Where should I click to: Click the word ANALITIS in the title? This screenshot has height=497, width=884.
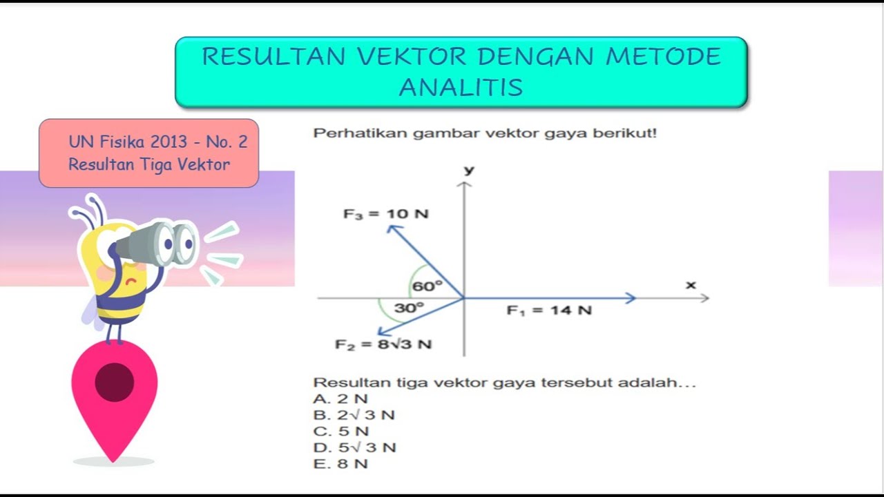coord(461,88)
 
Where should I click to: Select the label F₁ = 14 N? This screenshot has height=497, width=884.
coord(549,311)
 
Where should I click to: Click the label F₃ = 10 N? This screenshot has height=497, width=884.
coord(385,214)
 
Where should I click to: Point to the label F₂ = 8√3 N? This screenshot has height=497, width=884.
coord(383,344)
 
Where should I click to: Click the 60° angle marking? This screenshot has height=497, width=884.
coord(426,286)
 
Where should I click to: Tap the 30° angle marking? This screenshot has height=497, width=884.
coord(409,308)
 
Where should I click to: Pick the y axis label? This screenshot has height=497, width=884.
coord(469,170)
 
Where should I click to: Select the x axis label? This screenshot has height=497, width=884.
coord(691,284)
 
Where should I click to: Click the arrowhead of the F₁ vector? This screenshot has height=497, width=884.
coord(630,298)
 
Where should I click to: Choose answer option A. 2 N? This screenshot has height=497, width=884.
coord(340,399)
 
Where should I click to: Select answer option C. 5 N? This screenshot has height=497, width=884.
coord(340,431)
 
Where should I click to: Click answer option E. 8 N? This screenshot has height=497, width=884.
coord(340,464)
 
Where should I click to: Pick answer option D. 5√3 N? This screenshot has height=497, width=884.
coord(354,447)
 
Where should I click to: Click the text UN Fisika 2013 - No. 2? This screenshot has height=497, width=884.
coord(157,142)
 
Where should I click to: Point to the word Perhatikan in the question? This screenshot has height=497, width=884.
coord(361,133)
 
